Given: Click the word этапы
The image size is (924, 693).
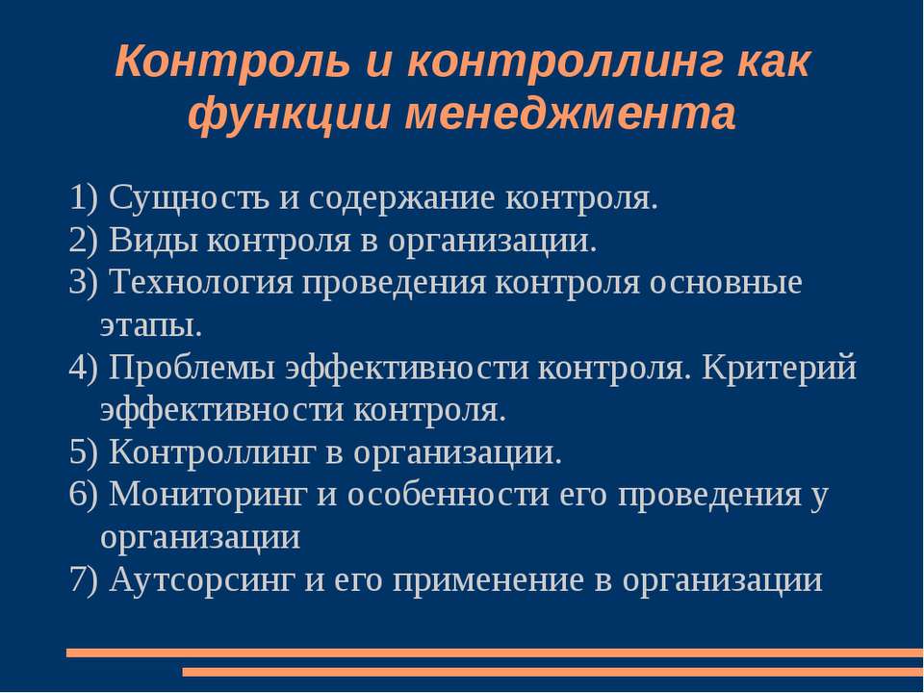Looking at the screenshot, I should tap(151, 325).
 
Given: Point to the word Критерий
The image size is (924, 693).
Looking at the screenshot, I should tap(779, 368).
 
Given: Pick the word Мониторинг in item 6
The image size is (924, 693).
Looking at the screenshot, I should tap(206, 495).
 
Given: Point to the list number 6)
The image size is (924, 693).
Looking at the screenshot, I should tap(85, 495).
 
